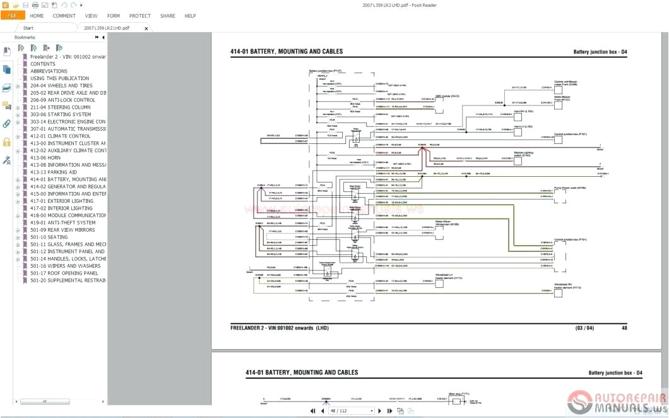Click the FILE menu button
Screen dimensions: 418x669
coord(13,16)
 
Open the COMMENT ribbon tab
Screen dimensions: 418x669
coord(64,16)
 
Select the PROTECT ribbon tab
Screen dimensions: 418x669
coord(139,16)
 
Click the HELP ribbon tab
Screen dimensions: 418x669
coord(190,16)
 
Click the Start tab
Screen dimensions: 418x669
coord(28,28)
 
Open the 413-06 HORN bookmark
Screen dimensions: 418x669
coord(45,157)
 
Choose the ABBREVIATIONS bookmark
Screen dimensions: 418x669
coord(49,71)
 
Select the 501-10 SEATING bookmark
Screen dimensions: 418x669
coord(49,237)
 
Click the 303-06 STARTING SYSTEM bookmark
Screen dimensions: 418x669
coord(61,114)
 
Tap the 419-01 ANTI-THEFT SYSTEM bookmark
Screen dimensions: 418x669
coord(62,222)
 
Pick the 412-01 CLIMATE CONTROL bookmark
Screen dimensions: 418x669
coord(60,136)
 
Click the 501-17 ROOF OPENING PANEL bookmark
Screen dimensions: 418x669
coord(64,273)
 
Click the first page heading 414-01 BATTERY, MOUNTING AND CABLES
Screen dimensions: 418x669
coord(287,52)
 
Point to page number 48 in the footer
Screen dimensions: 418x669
coord(624,328)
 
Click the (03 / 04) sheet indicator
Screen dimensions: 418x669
coord(584,328)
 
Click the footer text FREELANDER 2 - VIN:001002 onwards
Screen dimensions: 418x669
coord(279,328)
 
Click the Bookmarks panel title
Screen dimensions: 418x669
coord(25,38)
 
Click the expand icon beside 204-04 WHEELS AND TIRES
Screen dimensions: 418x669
coord(18,85)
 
